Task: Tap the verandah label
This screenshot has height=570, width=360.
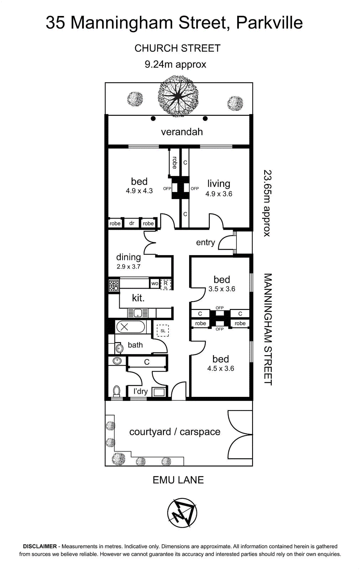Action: (182, 132)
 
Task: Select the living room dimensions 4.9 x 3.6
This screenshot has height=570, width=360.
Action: (219, 194)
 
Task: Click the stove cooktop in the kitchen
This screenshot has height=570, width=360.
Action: (114, 285)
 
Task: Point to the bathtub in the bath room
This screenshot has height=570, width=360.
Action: (130, 327)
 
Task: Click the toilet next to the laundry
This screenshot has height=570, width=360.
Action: (116, 391)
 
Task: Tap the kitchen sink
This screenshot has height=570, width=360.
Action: (138, 313)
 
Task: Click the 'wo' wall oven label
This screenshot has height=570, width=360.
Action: (155, 283)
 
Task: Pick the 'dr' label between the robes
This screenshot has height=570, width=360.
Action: (131, 223)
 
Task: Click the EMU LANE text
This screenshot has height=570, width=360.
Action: (178, 480)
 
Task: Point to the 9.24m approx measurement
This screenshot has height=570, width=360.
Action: (176, 64)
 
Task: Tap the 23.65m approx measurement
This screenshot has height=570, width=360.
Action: (267, 203)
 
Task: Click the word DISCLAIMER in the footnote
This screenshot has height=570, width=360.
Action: (40, 546)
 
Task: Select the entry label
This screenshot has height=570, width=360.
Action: (205, 243)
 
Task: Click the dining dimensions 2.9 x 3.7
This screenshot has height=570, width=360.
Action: (129, 267)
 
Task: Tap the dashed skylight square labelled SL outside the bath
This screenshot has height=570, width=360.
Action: (163, 331)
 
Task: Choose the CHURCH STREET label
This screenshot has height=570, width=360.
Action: (177, 48)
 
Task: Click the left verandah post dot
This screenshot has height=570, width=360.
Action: (153, 118)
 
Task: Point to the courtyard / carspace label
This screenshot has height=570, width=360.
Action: (175, 432)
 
